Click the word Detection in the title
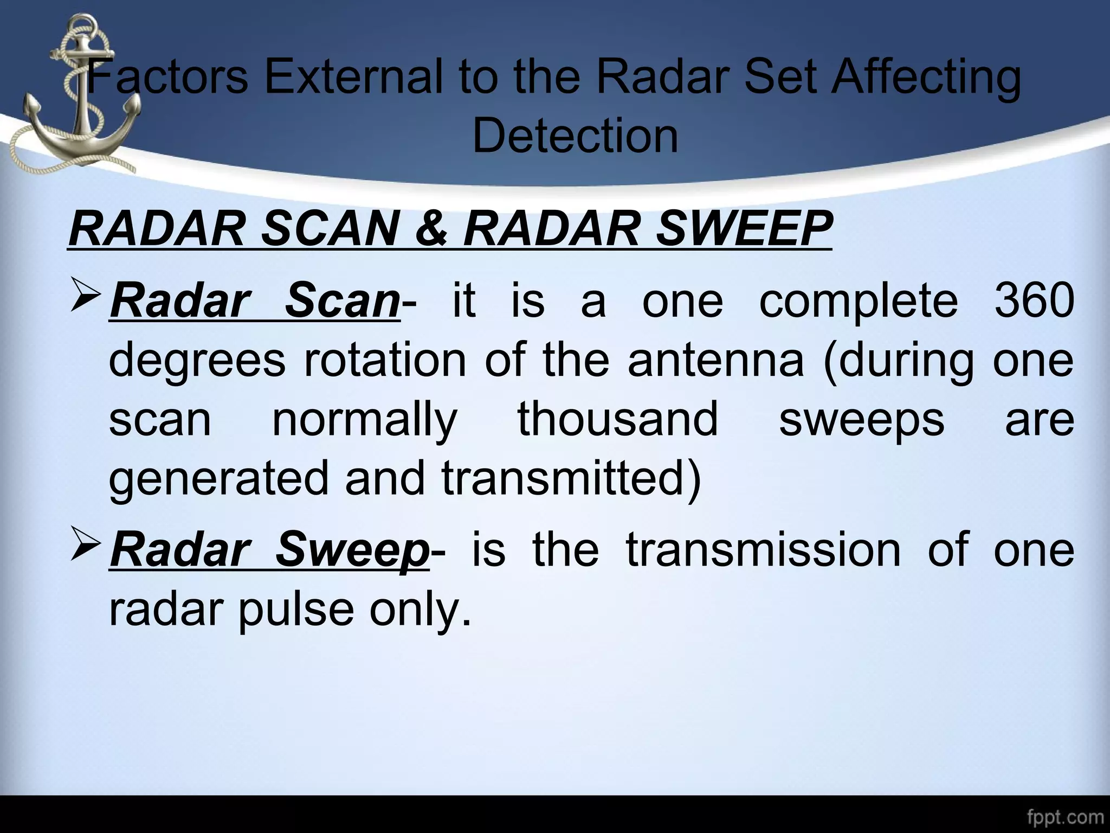pyautogui.click(x=575, y=136)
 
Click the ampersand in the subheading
pyautogui.click(x=431, y=229)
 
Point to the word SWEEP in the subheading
pyautogui.click(x=744, y=229)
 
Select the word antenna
pyautogui.click(x=716, y=360)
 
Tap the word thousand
pyautogui.click(x=618, y=419)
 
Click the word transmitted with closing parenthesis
pyautogui.click(x=571, y=478)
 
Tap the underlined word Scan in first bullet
pyautogui.click(x=341, y=301)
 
